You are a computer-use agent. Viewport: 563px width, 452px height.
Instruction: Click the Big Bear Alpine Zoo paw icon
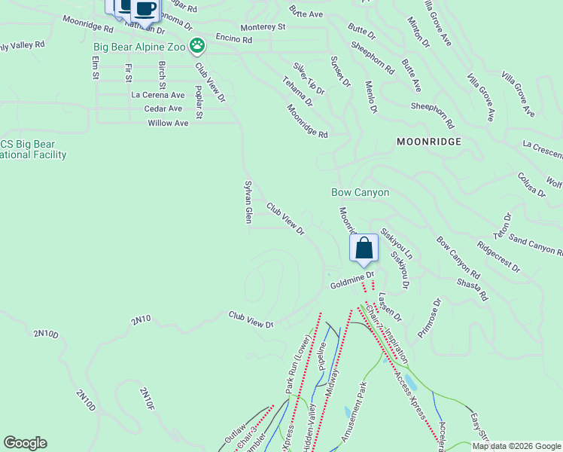pos(197,47)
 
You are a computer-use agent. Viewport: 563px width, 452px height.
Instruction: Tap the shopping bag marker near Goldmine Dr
pos(364,249)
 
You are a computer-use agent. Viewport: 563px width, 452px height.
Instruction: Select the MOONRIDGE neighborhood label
pos(428,141)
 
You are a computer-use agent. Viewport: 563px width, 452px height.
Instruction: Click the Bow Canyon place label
pos(361,193)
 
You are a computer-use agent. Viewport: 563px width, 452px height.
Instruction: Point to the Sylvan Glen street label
pos(248,201)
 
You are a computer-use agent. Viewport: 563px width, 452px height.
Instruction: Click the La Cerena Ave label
pos(157,96)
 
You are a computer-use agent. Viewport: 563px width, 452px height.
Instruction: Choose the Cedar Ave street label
pos(163,109)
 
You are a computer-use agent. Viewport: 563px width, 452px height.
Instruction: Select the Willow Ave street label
pos(168,123)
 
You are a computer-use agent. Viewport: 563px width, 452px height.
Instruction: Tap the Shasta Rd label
pos(472,286)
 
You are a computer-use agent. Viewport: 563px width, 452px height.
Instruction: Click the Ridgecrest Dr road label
pos(498,256)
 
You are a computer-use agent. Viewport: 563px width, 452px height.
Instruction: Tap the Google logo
pos(25,443)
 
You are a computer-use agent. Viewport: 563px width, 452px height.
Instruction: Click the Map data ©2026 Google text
pos(517,446)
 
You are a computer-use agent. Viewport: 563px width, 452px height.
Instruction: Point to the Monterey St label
pos(263,26)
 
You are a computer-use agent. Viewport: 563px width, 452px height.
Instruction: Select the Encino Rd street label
pos(233,38)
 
